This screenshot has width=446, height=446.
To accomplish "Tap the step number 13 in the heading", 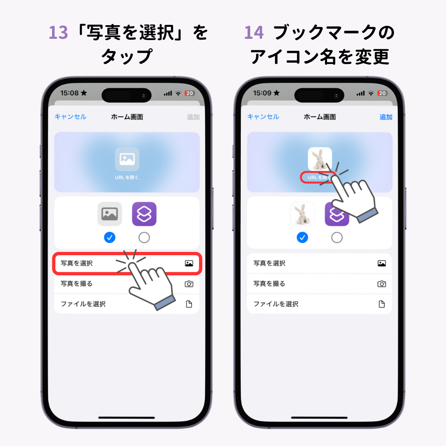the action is click(58, 33).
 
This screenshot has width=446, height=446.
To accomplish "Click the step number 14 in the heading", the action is click(254, 33).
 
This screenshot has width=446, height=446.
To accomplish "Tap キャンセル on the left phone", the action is click(70, 116).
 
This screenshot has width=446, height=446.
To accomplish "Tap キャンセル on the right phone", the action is click(263, 116).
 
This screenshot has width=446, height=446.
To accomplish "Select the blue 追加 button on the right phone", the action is click(386, 117).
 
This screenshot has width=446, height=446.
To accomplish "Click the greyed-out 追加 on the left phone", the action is click(193, 117).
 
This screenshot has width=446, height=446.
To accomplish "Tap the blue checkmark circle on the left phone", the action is click(109, 237).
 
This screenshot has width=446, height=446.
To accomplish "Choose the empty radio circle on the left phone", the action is click(144, 237).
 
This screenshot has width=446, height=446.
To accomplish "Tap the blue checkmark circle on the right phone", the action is click(302, 237).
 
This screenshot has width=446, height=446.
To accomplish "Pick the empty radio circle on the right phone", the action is click(337, 237).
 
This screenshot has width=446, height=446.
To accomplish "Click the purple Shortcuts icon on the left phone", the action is click(144, 214).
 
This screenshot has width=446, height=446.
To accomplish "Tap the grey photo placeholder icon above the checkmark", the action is click(110, 214).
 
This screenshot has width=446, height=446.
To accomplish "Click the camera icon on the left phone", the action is click(189, 284).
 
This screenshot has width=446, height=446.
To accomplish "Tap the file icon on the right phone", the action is click(382, 304).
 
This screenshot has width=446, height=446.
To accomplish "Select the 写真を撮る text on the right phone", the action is click(269, 284).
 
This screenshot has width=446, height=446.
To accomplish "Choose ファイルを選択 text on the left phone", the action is click(83, 304).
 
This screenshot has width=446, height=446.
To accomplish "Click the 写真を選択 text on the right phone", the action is click(269, 263).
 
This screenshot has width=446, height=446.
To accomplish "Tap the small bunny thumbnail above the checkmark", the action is click(302, 214).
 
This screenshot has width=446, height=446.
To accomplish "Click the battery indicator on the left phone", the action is click(190, 93).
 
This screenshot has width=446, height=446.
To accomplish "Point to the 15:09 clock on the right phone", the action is click(262, 93).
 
